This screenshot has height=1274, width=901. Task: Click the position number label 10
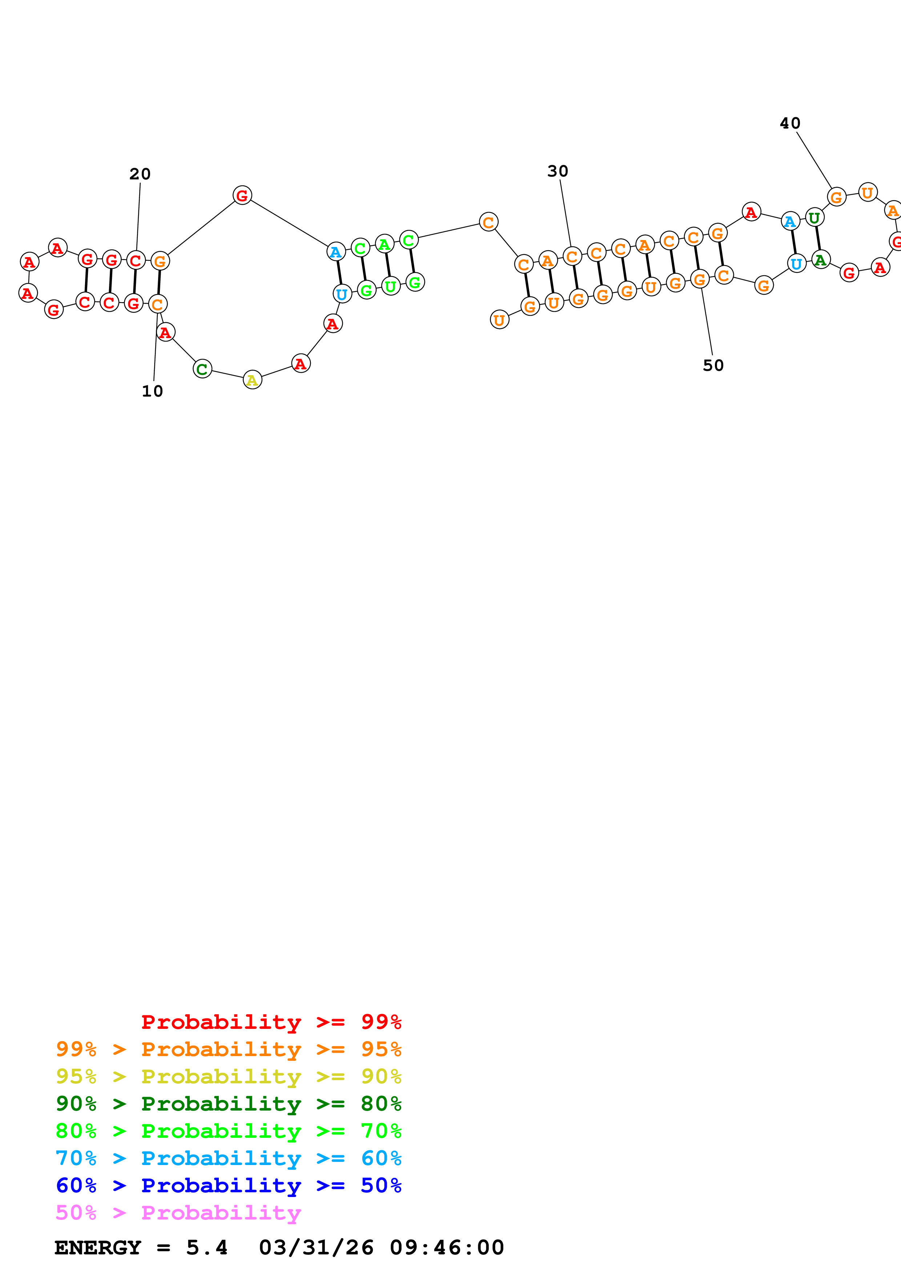coord(152,391)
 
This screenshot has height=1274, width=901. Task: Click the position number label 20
coord(140,174)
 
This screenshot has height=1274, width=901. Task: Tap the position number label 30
coord(558,171)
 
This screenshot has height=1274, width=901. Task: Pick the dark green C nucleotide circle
coord(202,369)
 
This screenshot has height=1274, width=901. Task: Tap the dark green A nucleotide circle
coord(821,260)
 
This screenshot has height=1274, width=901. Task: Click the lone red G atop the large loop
coord(242,195)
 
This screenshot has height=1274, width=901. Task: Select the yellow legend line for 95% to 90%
coord(228,1076)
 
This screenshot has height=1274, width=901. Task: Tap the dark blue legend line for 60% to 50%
coord(228,1185)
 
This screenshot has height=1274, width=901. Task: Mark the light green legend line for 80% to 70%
coord(228,1131)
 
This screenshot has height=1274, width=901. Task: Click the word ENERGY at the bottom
coord(98,1248)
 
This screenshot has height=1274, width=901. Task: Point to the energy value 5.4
coord(206,1248)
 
